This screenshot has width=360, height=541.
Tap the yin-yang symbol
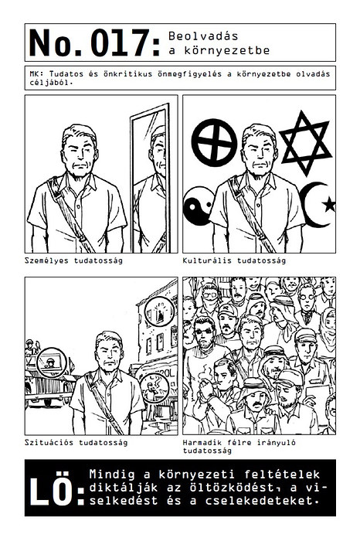(199, 206)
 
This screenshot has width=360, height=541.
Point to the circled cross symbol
(215, 142)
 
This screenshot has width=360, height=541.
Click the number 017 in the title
(121, 43)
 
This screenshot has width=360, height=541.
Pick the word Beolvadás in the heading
(203, 36)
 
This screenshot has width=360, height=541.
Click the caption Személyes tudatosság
(73, 260)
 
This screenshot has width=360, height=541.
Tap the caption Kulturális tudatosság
(234, 260)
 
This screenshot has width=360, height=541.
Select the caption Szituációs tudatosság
(76, 442)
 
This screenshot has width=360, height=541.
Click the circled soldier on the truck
(52, 363)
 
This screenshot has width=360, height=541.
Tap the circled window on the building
(159, 311)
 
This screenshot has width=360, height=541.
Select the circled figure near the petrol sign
(155, 387)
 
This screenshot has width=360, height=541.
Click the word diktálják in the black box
(124, 488)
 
